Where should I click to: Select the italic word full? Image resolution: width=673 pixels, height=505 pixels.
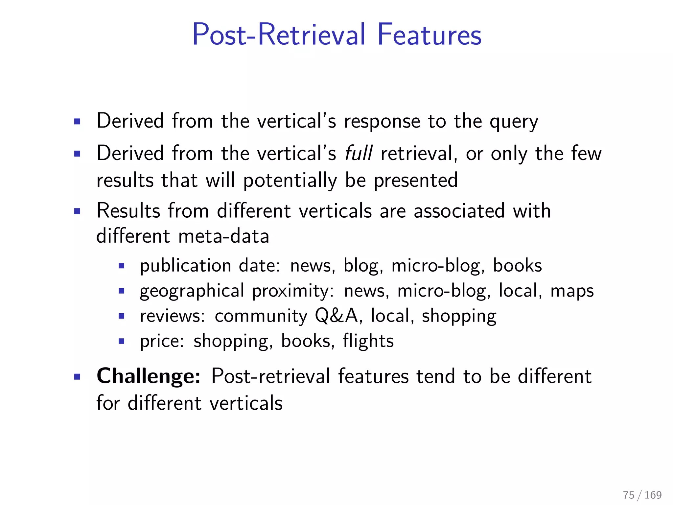click(x=359, y=153)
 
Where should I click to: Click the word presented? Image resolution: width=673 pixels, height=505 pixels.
click(x=416, y=180)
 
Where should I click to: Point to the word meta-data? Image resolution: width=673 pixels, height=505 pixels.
click(x=223, y=236)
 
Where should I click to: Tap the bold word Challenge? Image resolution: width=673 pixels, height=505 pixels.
click(x=149, y=376)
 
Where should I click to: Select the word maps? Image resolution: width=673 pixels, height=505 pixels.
click(x=572, y=291)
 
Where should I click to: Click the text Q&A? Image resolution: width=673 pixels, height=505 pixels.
click(x=336, y=316)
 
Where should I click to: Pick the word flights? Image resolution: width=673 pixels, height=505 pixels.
click(x=368, y=341)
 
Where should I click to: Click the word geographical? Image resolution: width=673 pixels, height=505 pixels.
click(x=192, y=291)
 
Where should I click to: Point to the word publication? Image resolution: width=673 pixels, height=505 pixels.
click(x=186, y=266)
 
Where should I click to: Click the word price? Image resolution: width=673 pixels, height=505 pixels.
click(x=162, y=341)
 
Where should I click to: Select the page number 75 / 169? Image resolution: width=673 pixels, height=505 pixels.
click(x=642, y=495)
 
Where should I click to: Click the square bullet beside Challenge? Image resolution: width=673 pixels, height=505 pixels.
click(x=78, y=376)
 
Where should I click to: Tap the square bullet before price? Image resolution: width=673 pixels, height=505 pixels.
click(x=122, y=341)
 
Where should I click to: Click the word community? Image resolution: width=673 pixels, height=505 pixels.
click(x=261, y=316)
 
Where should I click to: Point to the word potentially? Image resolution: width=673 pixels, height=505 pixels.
click(x=290, y=180)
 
